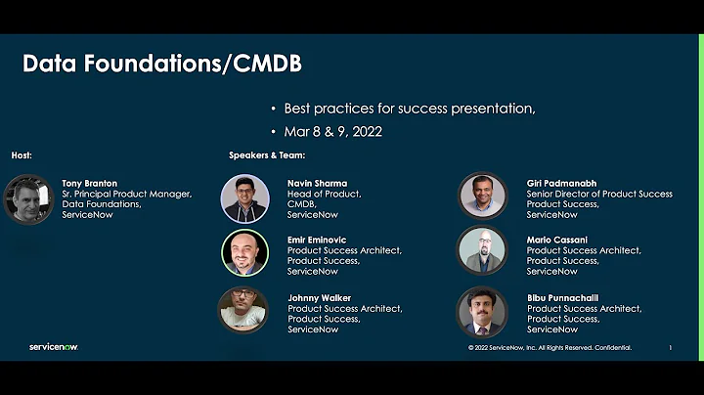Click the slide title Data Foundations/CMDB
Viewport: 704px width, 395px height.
(x=162, y=65)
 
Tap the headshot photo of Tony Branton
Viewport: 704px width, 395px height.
(x=27, y=199)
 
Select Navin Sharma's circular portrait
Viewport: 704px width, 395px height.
(x=244, y=198)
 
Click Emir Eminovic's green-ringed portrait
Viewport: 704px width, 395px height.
(x=244, y=254)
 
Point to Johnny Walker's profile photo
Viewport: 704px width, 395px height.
(x=243, y=310)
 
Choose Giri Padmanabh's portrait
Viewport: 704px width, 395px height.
(x=483, y=197)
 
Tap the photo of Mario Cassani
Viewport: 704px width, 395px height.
(x=483, y=252)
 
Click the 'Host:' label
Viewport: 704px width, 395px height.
(x=22, y=155)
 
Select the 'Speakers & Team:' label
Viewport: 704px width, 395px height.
(x=267, y=155)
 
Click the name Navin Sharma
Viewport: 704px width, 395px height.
(x=317, y=183)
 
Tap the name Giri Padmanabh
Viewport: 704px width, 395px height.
(x=561, y=183)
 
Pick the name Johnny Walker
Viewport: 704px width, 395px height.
(x=319, y=298)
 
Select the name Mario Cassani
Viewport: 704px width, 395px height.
(x=556, y=240)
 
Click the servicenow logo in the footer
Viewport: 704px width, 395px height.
(x=54, y=347)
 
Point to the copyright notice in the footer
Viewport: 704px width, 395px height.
(x=550, y=348)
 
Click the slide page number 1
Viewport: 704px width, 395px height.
(x=670, y=348)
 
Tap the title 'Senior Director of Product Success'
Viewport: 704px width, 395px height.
(x=599, y=194)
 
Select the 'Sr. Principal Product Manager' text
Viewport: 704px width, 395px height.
(x=127, y=194)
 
